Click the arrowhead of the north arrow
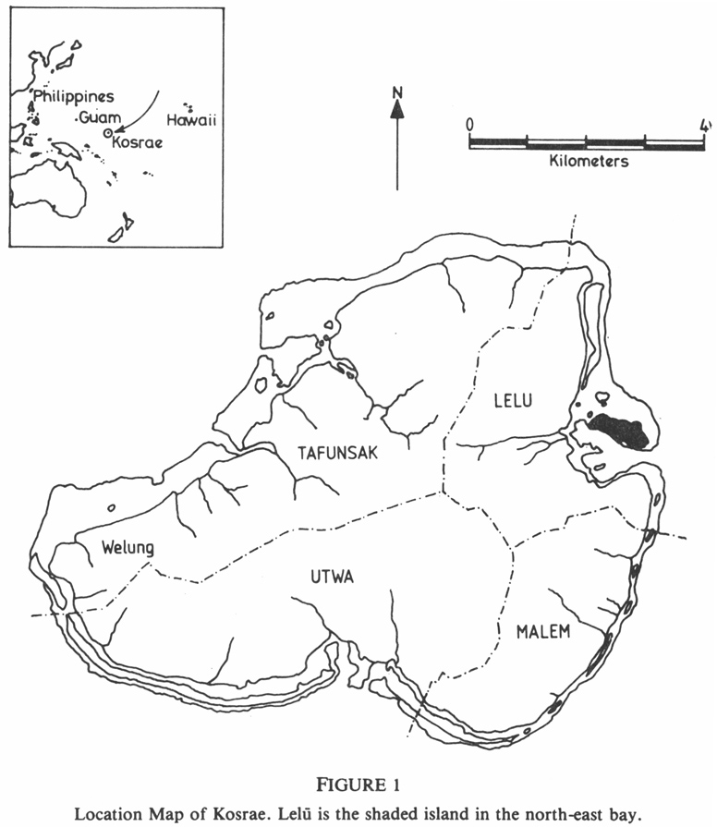397,109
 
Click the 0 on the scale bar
469,124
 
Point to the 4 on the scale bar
704,124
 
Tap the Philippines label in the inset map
74,96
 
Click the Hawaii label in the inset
188,120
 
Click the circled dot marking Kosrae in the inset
108,133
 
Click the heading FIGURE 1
358,785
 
